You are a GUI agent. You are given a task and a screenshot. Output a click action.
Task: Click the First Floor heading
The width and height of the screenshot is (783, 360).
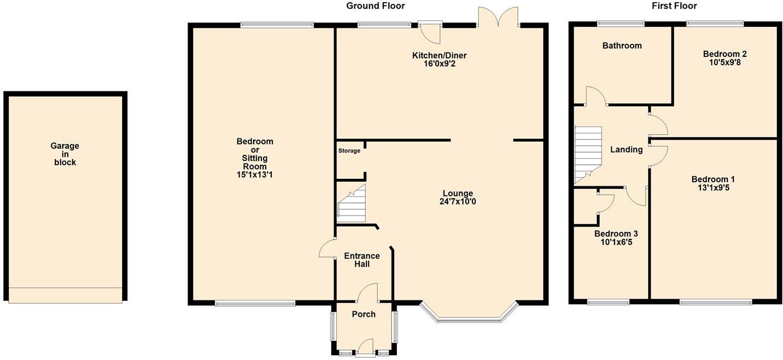click(x=674, y=6)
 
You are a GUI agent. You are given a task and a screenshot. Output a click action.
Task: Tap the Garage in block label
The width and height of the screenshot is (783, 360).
click(x=65, y=154)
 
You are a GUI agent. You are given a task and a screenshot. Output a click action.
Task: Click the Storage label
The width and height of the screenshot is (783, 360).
click(x=349, y=150)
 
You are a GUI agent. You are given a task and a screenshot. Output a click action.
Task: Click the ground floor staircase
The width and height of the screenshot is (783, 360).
click(x=351, y=205)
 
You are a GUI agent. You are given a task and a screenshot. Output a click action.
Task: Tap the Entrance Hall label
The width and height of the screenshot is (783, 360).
click(x=361, y=260)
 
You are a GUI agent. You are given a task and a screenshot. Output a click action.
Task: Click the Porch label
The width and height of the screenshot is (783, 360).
click(x=364, y=314)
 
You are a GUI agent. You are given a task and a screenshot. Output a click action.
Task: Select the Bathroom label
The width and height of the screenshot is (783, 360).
click(x=622, y=45)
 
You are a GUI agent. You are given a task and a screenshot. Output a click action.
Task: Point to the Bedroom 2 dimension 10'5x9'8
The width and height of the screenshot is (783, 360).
click(x=724, y=62)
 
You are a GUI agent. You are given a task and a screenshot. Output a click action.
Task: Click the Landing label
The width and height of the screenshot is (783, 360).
click(x=626, y=149)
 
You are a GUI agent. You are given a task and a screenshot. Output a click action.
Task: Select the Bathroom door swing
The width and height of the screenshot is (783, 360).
click(x=595, y=96)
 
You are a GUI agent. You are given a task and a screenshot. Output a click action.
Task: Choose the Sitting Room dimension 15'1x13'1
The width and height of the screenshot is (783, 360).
click(x=255, y=175)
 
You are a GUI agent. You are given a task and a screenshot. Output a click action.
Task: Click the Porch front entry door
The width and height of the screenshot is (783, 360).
click(x=365, y=348)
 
